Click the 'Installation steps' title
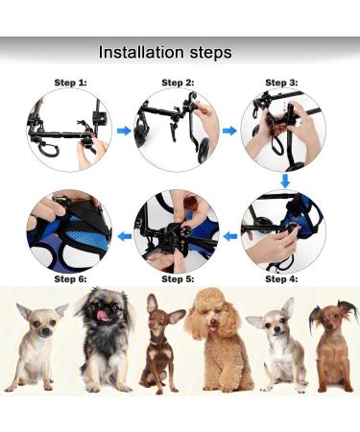click(165, 52)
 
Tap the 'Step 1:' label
click(70, 84)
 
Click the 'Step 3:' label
click(282, 84)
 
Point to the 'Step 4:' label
click(282, 278)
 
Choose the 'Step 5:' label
click(177, 278)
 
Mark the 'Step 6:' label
click(70, 278)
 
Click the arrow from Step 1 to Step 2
click(123, 129)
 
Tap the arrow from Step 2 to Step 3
click(229, 129)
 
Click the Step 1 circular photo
click(69, 130)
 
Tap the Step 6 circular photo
click(69, 230)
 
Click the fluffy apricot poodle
click(218, 341)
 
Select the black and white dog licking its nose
click(100, 341)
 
